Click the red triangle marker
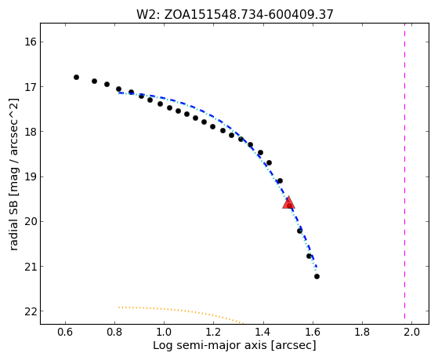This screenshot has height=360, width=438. pos(288,203)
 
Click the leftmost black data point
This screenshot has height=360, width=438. pos(76,77)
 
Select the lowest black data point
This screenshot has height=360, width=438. pos(317,276)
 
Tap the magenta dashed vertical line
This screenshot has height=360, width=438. pos(404,173)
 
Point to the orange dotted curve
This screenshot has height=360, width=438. pos(179,310)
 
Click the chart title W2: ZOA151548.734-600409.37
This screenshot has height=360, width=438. pos(235,14)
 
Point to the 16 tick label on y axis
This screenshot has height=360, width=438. pos(31,42)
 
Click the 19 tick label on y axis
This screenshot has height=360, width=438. pos(31,176)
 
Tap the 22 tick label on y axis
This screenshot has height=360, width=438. pos(31,311)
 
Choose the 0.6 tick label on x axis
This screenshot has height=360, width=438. pos(65,332)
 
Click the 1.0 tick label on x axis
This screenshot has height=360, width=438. pos(164,332)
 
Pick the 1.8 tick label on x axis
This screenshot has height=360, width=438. pos(362,332)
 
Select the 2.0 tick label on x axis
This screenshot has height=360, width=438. pos(411,332)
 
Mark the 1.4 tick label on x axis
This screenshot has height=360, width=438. pos(263,332)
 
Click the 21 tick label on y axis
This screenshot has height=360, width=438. pos(31,267)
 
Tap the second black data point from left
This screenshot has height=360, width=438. pos(94,81)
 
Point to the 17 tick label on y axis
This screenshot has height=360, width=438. pos(31,87)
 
